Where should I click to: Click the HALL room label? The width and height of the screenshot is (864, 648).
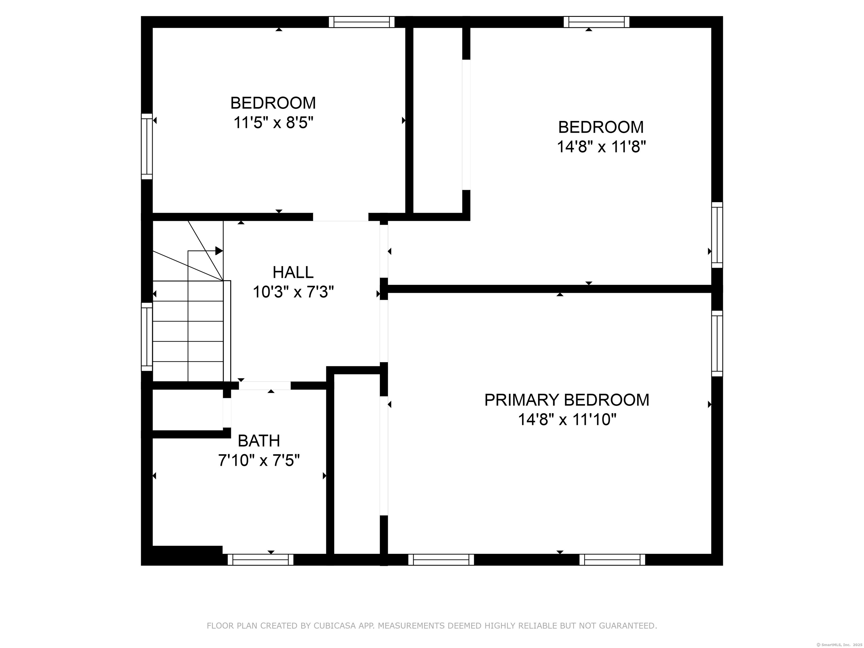(x=293, y=272)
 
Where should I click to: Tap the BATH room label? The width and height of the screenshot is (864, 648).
(x=259, y=441)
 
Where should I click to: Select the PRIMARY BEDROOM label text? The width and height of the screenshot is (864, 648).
(x=567, y=400)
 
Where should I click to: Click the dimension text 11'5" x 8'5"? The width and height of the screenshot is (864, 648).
(x=273, y=123)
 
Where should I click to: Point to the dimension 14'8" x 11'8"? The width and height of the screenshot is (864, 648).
(x=601, y=147)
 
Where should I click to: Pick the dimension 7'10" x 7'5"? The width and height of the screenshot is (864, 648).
(x=259, y=461)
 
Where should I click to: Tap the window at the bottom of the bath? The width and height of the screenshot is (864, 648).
(x=260, y=560)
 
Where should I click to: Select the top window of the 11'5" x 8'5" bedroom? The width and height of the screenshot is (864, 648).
(x=362, y=22)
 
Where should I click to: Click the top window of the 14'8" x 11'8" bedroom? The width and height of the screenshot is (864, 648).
(x=597, y=22)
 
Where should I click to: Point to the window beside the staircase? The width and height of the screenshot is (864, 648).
(x=147, y=337)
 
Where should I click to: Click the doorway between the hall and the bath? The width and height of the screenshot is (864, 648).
(x=265, y=386)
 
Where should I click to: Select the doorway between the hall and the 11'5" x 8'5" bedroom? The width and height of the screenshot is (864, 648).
(x=341, y=217)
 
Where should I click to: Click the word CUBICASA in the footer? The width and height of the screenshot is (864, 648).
(x=335, y=626)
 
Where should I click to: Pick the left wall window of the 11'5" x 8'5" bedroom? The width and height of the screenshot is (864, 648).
(x=147, y=147)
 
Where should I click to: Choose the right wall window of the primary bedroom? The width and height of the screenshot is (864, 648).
(x=717, y=344)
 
